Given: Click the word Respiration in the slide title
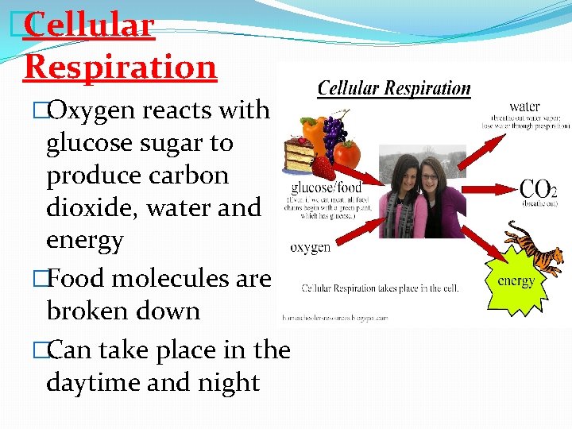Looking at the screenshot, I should (x=120, y=66).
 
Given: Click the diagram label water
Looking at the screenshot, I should (x=524, y=106).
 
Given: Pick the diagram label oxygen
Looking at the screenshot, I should (x=310, y=247).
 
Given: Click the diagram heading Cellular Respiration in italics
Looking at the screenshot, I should (x=394, y=87).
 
